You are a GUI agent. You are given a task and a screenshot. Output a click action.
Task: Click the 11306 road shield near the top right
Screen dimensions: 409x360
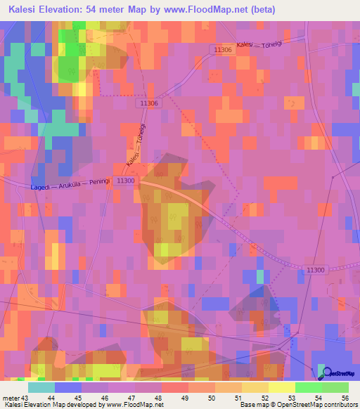click(x=224, y=50)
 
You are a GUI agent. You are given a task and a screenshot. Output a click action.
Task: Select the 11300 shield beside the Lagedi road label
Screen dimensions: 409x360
click(x=126, y=181)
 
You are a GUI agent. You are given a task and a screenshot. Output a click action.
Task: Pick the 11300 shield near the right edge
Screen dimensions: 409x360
click(x=316, y=270)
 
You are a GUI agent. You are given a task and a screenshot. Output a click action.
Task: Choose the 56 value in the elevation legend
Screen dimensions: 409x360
click(x=345, y=397)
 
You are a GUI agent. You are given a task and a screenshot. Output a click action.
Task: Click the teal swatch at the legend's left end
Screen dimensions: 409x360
click(x=41, y=387)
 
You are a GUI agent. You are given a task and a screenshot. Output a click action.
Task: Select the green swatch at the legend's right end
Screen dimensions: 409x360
click(x=335, y=387)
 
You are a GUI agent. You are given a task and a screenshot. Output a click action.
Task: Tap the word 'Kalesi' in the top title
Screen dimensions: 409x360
click(x=25, y=10)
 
